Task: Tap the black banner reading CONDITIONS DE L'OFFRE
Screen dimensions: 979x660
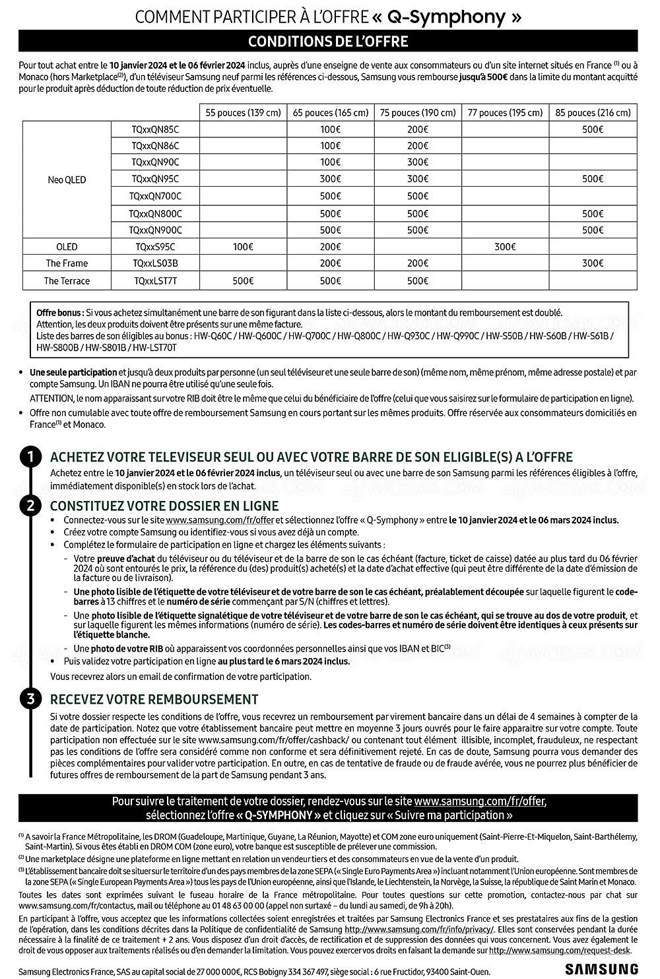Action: pos(328,42)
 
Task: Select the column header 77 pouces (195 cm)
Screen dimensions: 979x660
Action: pos(505,112)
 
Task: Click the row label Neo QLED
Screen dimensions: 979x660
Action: pos(67,180)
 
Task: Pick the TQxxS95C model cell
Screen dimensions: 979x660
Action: pos(155,247)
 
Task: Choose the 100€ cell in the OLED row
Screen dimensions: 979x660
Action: pos(242,247)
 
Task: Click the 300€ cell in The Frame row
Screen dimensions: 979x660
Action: pos(593,263)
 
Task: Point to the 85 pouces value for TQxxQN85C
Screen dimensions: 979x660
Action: pos(593,129)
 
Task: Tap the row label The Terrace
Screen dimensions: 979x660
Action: pos(67,281)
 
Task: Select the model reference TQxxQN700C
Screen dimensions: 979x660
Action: pos(155,196)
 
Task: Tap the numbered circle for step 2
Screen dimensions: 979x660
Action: pos(30,506)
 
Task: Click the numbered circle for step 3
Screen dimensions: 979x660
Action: pos(30,699)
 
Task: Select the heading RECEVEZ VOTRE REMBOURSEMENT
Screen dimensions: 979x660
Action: pos(154,699)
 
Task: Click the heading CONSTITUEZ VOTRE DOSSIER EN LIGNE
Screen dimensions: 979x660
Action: pos(164,506)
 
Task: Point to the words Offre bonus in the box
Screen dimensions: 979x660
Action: pos(60,312)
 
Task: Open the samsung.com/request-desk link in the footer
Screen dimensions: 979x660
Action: pos(559,951)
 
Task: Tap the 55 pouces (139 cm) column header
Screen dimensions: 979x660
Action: pos(242,112)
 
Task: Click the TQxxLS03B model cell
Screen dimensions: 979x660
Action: pos(155,263)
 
